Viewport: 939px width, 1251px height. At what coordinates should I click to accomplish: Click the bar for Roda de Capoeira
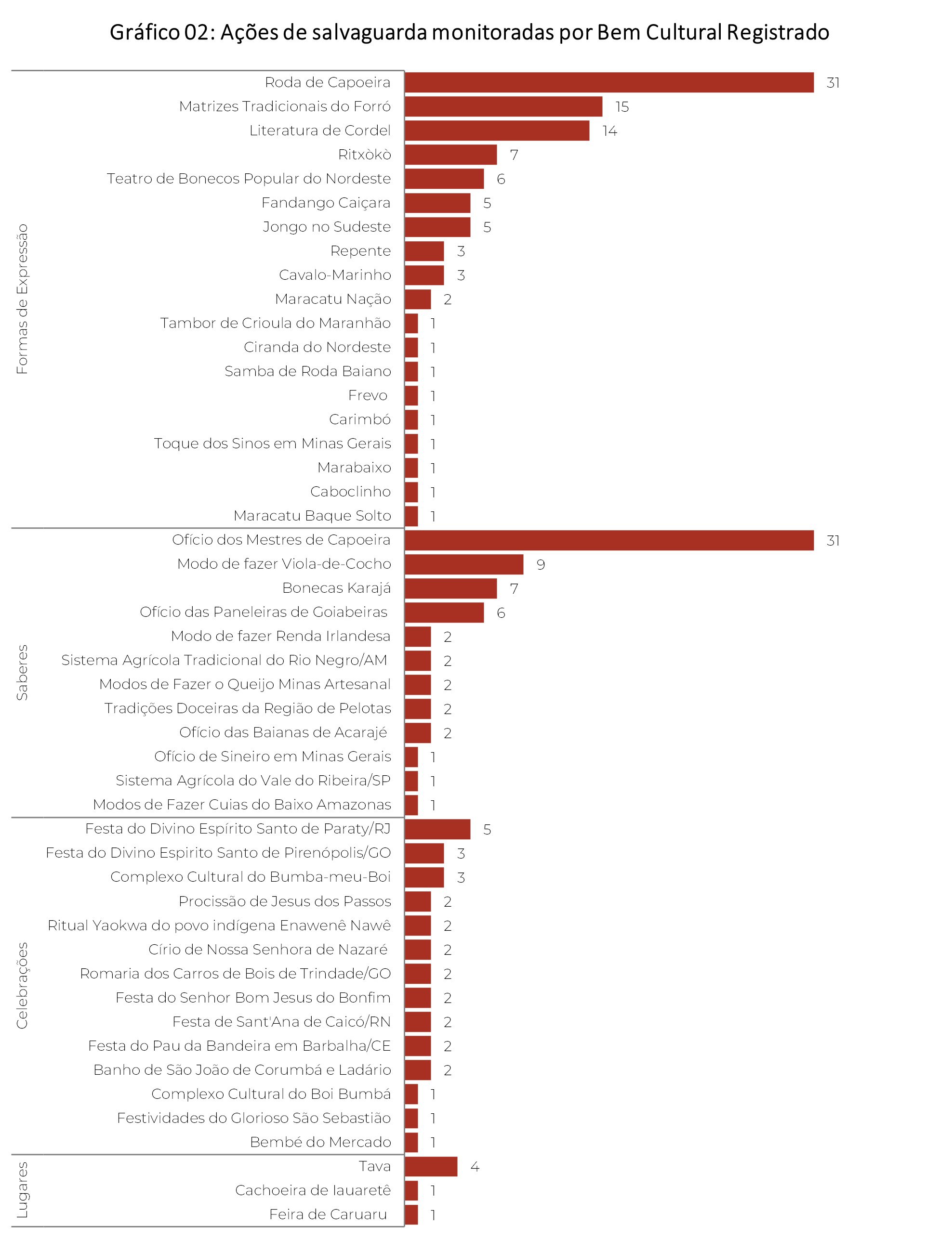(608, 82)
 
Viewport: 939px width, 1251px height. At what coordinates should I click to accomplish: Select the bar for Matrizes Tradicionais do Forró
(503, 106)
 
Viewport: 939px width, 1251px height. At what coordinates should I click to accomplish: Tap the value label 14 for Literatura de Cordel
(609, 131)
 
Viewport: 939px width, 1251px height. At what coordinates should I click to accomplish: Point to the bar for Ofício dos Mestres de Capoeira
(608, 540)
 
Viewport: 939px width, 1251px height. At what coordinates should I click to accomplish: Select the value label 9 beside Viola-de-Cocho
(541, 564)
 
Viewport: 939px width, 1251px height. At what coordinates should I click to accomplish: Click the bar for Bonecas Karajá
(450, 588)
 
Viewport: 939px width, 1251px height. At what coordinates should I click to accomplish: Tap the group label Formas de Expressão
(22, 299)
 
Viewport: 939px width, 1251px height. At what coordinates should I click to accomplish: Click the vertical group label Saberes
(22, 672)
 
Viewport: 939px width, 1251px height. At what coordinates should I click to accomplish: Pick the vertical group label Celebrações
(22, 985)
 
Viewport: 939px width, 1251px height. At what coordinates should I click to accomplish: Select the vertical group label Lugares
(22, 1190)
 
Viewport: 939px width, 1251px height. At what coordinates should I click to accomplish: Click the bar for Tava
(431, 1166)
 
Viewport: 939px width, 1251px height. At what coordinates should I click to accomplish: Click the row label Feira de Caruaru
(328, 1214)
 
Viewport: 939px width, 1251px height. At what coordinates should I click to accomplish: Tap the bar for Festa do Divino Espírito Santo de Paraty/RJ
(437, 829)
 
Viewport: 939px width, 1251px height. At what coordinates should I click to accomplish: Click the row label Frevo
(367, 395)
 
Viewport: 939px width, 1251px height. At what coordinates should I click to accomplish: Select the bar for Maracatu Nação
(418, 299)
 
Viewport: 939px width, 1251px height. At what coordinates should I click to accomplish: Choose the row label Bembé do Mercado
(320, 1142)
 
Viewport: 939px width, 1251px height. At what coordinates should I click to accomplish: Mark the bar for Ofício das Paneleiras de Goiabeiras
(444, 612)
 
